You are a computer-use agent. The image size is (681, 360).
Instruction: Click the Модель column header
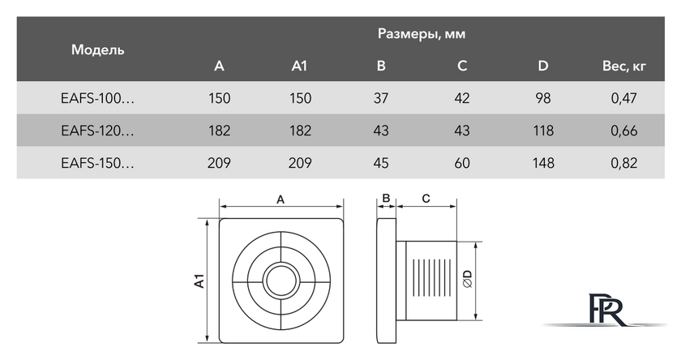98,50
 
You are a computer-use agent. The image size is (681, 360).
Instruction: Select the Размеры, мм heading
422,34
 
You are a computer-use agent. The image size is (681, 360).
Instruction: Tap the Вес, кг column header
623,66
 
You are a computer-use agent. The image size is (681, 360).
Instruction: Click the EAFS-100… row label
98,98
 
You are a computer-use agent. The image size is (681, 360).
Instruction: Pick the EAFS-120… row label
98,131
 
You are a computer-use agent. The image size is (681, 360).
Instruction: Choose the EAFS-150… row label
98,163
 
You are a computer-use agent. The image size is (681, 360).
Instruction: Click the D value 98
543,98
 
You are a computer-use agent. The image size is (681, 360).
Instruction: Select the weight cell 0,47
623,98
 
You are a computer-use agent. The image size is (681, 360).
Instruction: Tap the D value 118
543,131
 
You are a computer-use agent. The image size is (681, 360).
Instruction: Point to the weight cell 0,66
623,131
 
